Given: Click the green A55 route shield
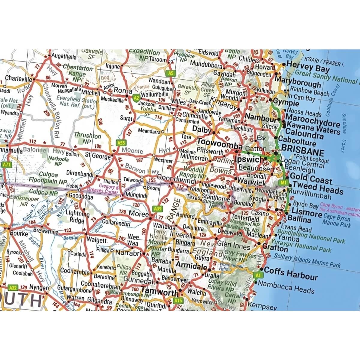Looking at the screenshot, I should (121, 143).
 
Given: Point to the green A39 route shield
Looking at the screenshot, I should (157, 208).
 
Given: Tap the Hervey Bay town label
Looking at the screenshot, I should (308, 66).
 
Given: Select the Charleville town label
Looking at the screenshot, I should (19, 79).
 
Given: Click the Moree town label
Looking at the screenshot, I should (139, 214).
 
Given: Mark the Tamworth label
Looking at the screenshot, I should (160, 291).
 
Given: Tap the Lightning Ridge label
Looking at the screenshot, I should (77, 217).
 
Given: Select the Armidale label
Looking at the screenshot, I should (191, 265).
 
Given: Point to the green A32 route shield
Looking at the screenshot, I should (13, 287).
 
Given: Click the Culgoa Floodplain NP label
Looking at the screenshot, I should (48, 178).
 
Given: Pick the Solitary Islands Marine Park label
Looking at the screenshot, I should (307, 260).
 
